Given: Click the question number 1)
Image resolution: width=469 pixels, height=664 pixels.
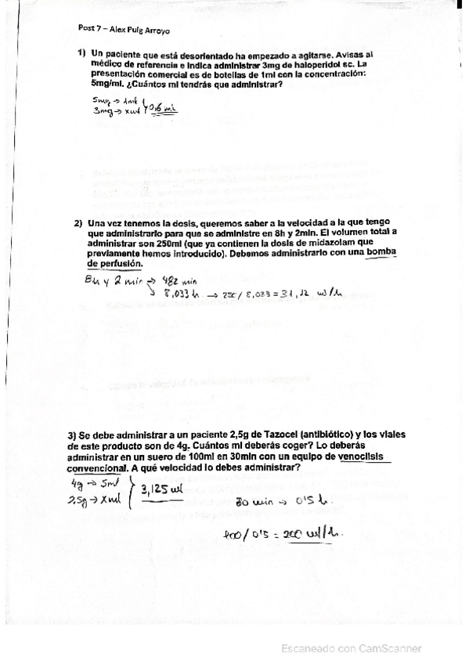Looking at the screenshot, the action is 81,53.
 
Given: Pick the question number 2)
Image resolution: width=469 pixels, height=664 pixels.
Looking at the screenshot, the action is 78,223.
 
